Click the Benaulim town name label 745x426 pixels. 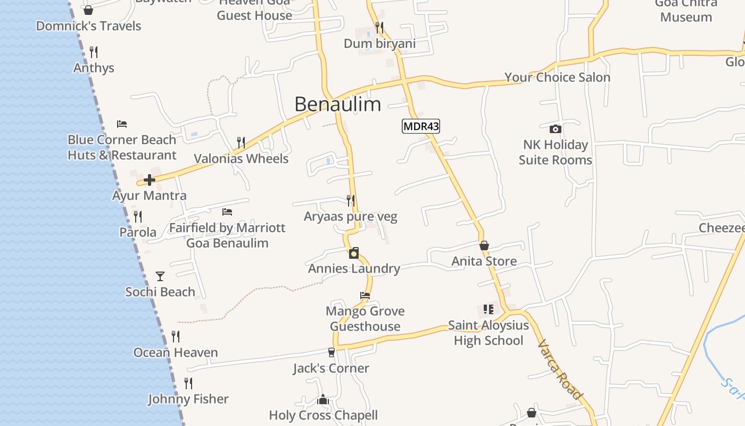point(337,104)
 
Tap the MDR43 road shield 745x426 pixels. point(420,126)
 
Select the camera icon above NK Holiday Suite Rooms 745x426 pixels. point(555,129)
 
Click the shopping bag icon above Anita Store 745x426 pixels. point(484,245)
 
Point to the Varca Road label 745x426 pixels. point(560,368)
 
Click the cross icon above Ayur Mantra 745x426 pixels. point(150,180)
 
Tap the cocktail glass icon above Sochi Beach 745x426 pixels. point(160,276)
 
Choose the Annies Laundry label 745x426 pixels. point(354,268)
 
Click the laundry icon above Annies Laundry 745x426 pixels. point(354,253)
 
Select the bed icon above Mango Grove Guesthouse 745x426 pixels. point(365,295)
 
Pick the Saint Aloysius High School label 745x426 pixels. point(489,333)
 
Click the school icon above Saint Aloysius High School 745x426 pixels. point(489,309)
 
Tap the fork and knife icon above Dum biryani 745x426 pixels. point(379,27)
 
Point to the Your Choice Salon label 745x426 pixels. point(557,77)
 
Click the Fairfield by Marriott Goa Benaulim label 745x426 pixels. point(227,235)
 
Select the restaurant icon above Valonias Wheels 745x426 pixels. point(241,143)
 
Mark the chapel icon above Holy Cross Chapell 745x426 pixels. point(323,400)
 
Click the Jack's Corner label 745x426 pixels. point(331,368)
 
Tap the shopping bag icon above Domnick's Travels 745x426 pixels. point(88,10)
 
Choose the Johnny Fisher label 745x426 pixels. point(188,399)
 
